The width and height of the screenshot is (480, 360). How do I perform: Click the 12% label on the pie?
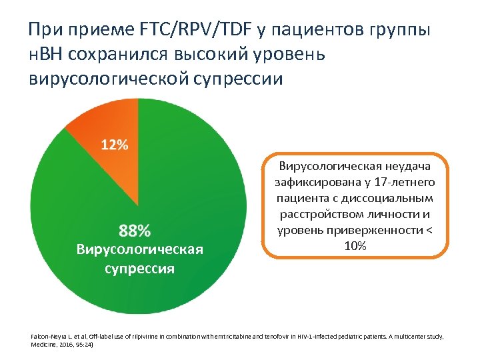click(115, 145)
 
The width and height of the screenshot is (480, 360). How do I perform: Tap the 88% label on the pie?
click(135, 231)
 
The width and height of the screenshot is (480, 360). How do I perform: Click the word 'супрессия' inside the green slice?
click(140, 268)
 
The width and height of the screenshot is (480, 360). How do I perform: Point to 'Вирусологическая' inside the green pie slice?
click(139, 249)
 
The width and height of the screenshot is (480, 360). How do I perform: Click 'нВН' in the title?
click(49, 54)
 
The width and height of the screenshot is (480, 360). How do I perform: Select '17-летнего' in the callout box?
click(406, 182)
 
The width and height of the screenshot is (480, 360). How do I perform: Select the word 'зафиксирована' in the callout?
click(315, 182)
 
